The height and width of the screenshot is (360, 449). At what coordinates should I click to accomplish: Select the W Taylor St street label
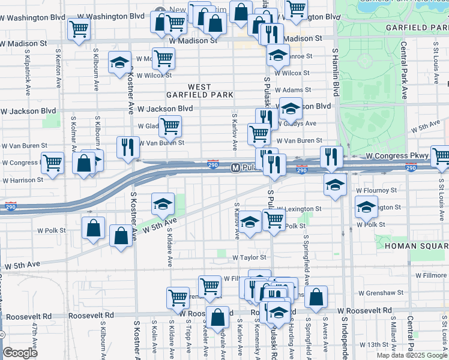249,257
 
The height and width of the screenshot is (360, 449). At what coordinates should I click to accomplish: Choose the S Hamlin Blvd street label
334,74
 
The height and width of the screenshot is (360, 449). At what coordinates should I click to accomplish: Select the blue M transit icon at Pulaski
236,167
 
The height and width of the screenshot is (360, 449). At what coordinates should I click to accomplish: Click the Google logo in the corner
20,353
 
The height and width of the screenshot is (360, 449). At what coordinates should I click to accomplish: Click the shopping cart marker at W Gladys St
170,125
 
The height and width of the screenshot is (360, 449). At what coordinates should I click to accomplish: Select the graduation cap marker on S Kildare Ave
163,204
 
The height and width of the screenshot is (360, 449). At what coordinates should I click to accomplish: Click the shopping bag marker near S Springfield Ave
316,296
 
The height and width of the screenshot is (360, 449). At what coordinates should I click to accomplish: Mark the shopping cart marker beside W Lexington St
274,219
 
